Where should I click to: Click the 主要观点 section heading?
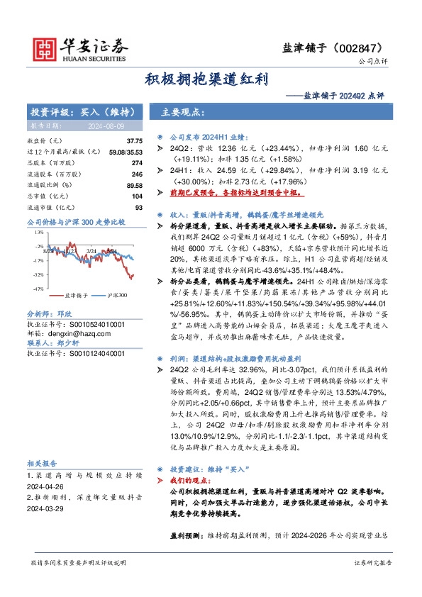pyautogui.click(x=183, y=112)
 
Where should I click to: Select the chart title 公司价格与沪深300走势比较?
pyautogui.click(x=75, y=222)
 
